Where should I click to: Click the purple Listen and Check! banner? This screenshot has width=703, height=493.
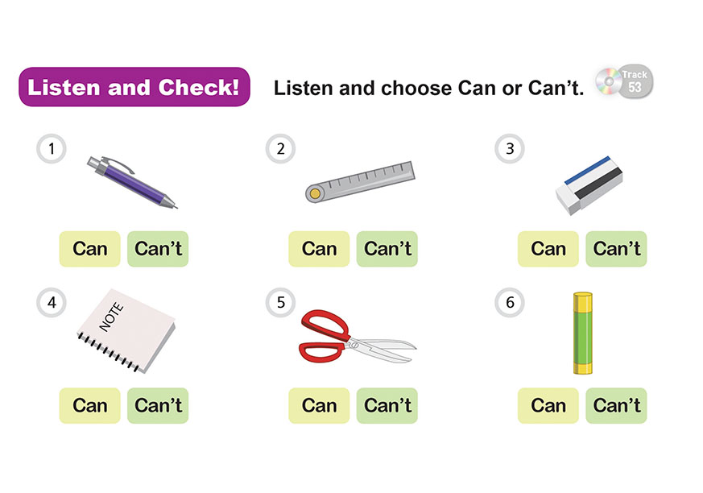pyautogui.click(x=134, y=86)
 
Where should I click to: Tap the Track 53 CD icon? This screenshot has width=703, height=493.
pyautogui.click(x=624, y=81)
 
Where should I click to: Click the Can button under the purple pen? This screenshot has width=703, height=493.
pyautogui.click(x=89, y=249)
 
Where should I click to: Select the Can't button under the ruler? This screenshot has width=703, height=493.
pyautogui.click(x=387, y=249)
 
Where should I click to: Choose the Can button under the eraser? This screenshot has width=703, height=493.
pyautogui.click(x=548, y=249)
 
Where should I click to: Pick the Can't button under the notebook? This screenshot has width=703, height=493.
pyautogui.click(x=158, y=405)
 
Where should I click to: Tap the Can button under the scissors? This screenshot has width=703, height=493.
pyautogui.click(x=319, y=405)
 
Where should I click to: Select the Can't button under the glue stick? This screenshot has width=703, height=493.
pyautogui.click(x=616, y=405)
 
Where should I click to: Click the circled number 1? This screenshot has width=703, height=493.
pyautogui.click(x=52, y=148)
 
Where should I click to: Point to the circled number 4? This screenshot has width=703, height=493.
pyautogui.click(x=52, y=302)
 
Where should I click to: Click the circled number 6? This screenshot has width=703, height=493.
pyautogui.click(x=510, y=302)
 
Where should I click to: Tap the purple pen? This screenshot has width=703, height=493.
pyautogui.click(x=132, y=181)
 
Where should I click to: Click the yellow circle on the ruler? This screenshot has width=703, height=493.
pyautogui.click(x=315, y=194)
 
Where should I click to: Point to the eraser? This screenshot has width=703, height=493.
pyautogui.click(x=589, y=185)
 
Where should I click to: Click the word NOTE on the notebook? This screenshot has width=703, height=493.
pyautogui.click(x=111, y=317)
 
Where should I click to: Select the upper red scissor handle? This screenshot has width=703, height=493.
pyautogui.click(x=325, y=325)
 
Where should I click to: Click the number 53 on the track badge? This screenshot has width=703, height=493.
pyautogui.click(x=635, y=87)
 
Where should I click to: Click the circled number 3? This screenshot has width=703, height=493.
pyautogui.click(x=510, y=148)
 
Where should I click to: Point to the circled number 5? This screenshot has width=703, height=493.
pyautogui.click(x=281, y=302)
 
